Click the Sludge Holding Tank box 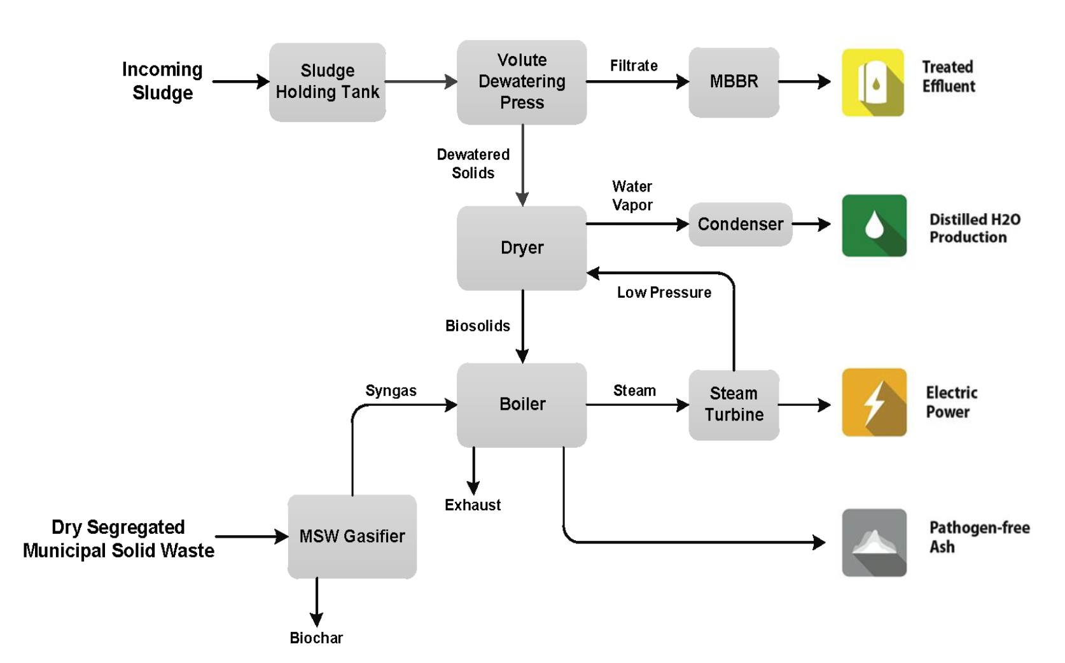point(327,82)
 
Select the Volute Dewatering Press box point(522,82)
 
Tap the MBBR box point(734,82)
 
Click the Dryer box point(522,248)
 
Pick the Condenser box point(740,225)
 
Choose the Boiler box point(522,405)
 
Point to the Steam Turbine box point(734,405)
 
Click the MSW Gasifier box point(352,536)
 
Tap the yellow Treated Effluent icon point(873,83)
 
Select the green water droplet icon point(874,226)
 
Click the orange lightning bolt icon point(874,402)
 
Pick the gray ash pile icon point(874,543)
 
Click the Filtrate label point(634,66)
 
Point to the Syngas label point(391,391)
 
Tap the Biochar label point(316,638)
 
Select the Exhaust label point(473,505)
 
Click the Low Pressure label point(664,293)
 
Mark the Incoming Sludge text point(162,81)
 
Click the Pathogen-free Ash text point(978,537)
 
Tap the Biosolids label point(477,326)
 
